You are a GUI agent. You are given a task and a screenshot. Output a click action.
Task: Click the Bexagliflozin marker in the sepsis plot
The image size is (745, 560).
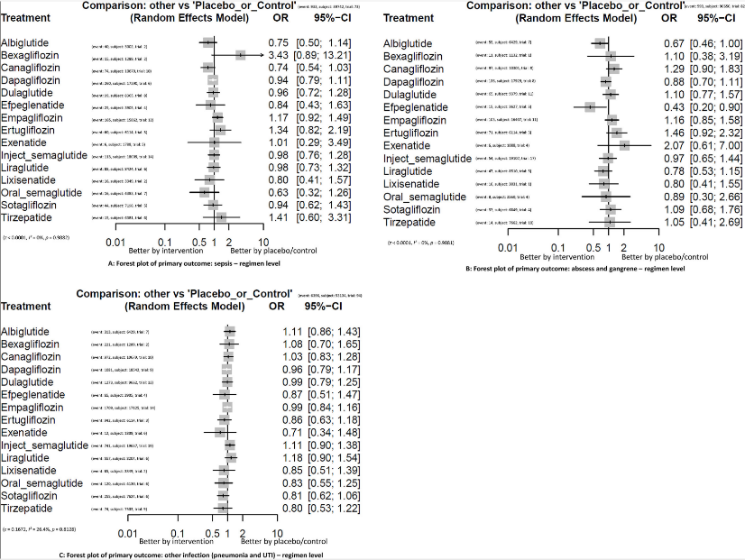tap(241, 55)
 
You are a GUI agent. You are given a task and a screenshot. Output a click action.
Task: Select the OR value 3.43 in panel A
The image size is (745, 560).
tap(278, 55)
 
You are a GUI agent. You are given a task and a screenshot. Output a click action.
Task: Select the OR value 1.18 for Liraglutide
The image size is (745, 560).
tap(282, 457)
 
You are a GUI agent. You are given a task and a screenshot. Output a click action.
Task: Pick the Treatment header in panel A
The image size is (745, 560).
tap(29, 17)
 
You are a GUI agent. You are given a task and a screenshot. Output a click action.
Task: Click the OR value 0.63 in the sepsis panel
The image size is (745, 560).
tap(278, 191)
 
